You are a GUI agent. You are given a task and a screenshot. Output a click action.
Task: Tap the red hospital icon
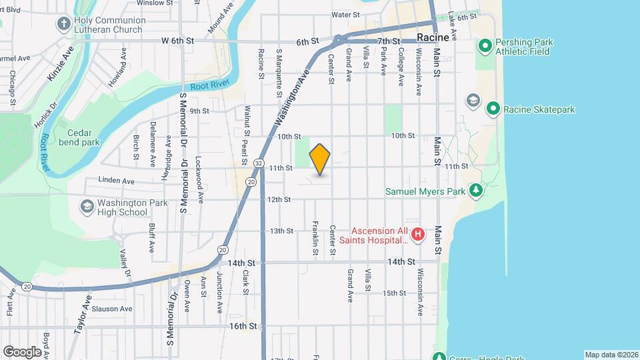417,234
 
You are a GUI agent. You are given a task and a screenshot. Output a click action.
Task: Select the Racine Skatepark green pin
493,109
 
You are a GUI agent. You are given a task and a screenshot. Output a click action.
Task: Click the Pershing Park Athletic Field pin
485,47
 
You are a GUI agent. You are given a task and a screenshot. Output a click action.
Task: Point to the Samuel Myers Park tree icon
475,191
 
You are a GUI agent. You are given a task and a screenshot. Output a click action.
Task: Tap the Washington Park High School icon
86,207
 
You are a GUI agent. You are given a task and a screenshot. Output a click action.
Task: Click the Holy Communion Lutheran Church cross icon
63,24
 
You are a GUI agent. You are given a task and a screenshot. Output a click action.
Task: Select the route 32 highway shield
258,163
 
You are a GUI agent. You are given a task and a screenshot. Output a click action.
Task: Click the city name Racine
433,38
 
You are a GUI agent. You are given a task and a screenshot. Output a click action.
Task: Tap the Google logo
22,351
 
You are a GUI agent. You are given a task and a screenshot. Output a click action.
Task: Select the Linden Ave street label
117,180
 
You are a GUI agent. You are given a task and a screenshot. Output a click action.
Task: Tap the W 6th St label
177,41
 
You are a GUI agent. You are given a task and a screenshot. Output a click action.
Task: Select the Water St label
345,14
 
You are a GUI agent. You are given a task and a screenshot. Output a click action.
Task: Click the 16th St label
243,326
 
